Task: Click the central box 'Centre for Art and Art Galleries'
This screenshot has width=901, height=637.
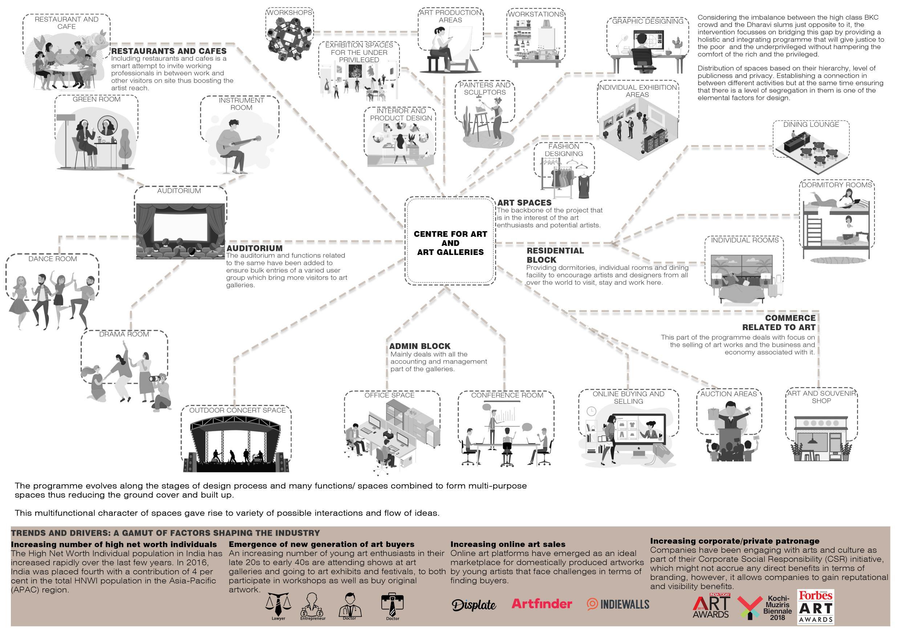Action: click(450, 242)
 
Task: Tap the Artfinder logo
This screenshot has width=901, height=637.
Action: click(541, 604)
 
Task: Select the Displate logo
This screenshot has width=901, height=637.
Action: click(474, 605)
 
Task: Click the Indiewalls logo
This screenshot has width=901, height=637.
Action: click(618, 604)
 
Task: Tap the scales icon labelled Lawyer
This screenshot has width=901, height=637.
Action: click(278, 604)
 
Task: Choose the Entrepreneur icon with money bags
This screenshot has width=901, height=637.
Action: click(312, 605)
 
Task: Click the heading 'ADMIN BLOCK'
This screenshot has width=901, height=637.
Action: click(419, 346)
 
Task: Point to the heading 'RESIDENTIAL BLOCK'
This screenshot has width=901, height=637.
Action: click(555, 255)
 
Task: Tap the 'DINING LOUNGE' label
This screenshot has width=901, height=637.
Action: click(811, 125)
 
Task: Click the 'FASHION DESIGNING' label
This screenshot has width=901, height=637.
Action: click(564, 150)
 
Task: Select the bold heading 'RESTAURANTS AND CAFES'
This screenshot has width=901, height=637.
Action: click(169, 51)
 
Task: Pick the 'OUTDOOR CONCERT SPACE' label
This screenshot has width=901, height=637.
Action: click(238, 410)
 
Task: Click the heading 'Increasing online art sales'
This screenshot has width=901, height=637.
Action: click(507, 544)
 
